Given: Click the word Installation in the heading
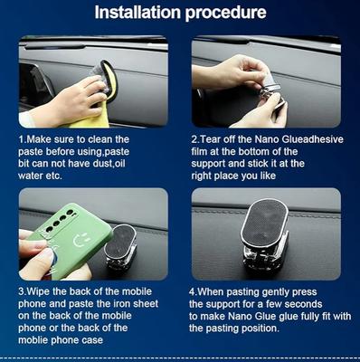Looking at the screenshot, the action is click(137, 12).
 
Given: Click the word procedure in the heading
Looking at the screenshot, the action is click(226, 13).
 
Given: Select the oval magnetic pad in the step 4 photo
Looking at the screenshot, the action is click(264, 223).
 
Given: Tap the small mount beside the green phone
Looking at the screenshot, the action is click(120, 246).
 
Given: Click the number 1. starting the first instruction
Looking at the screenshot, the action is click(23, 139).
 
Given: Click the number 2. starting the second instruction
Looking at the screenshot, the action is click(196, 139).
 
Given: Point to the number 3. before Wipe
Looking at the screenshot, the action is click(23, 291).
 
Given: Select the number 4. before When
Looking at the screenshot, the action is click(194, 292).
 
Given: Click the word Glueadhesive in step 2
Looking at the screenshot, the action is click(313, 139).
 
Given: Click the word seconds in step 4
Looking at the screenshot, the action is click(303, 304).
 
